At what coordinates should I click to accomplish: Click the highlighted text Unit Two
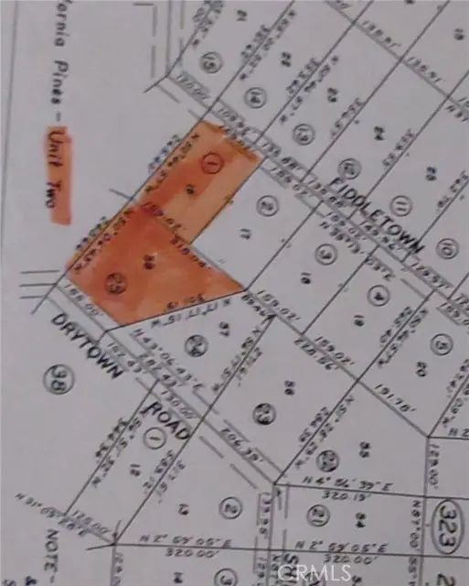(57, 177)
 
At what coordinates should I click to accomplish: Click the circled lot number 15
(213, 63)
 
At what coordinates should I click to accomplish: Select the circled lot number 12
(346, 169)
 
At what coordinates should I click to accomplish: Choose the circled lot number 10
(446, 247)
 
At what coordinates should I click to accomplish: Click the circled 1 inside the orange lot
(213, 165)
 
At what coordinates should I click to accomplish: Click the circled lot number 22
(328, 458)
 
